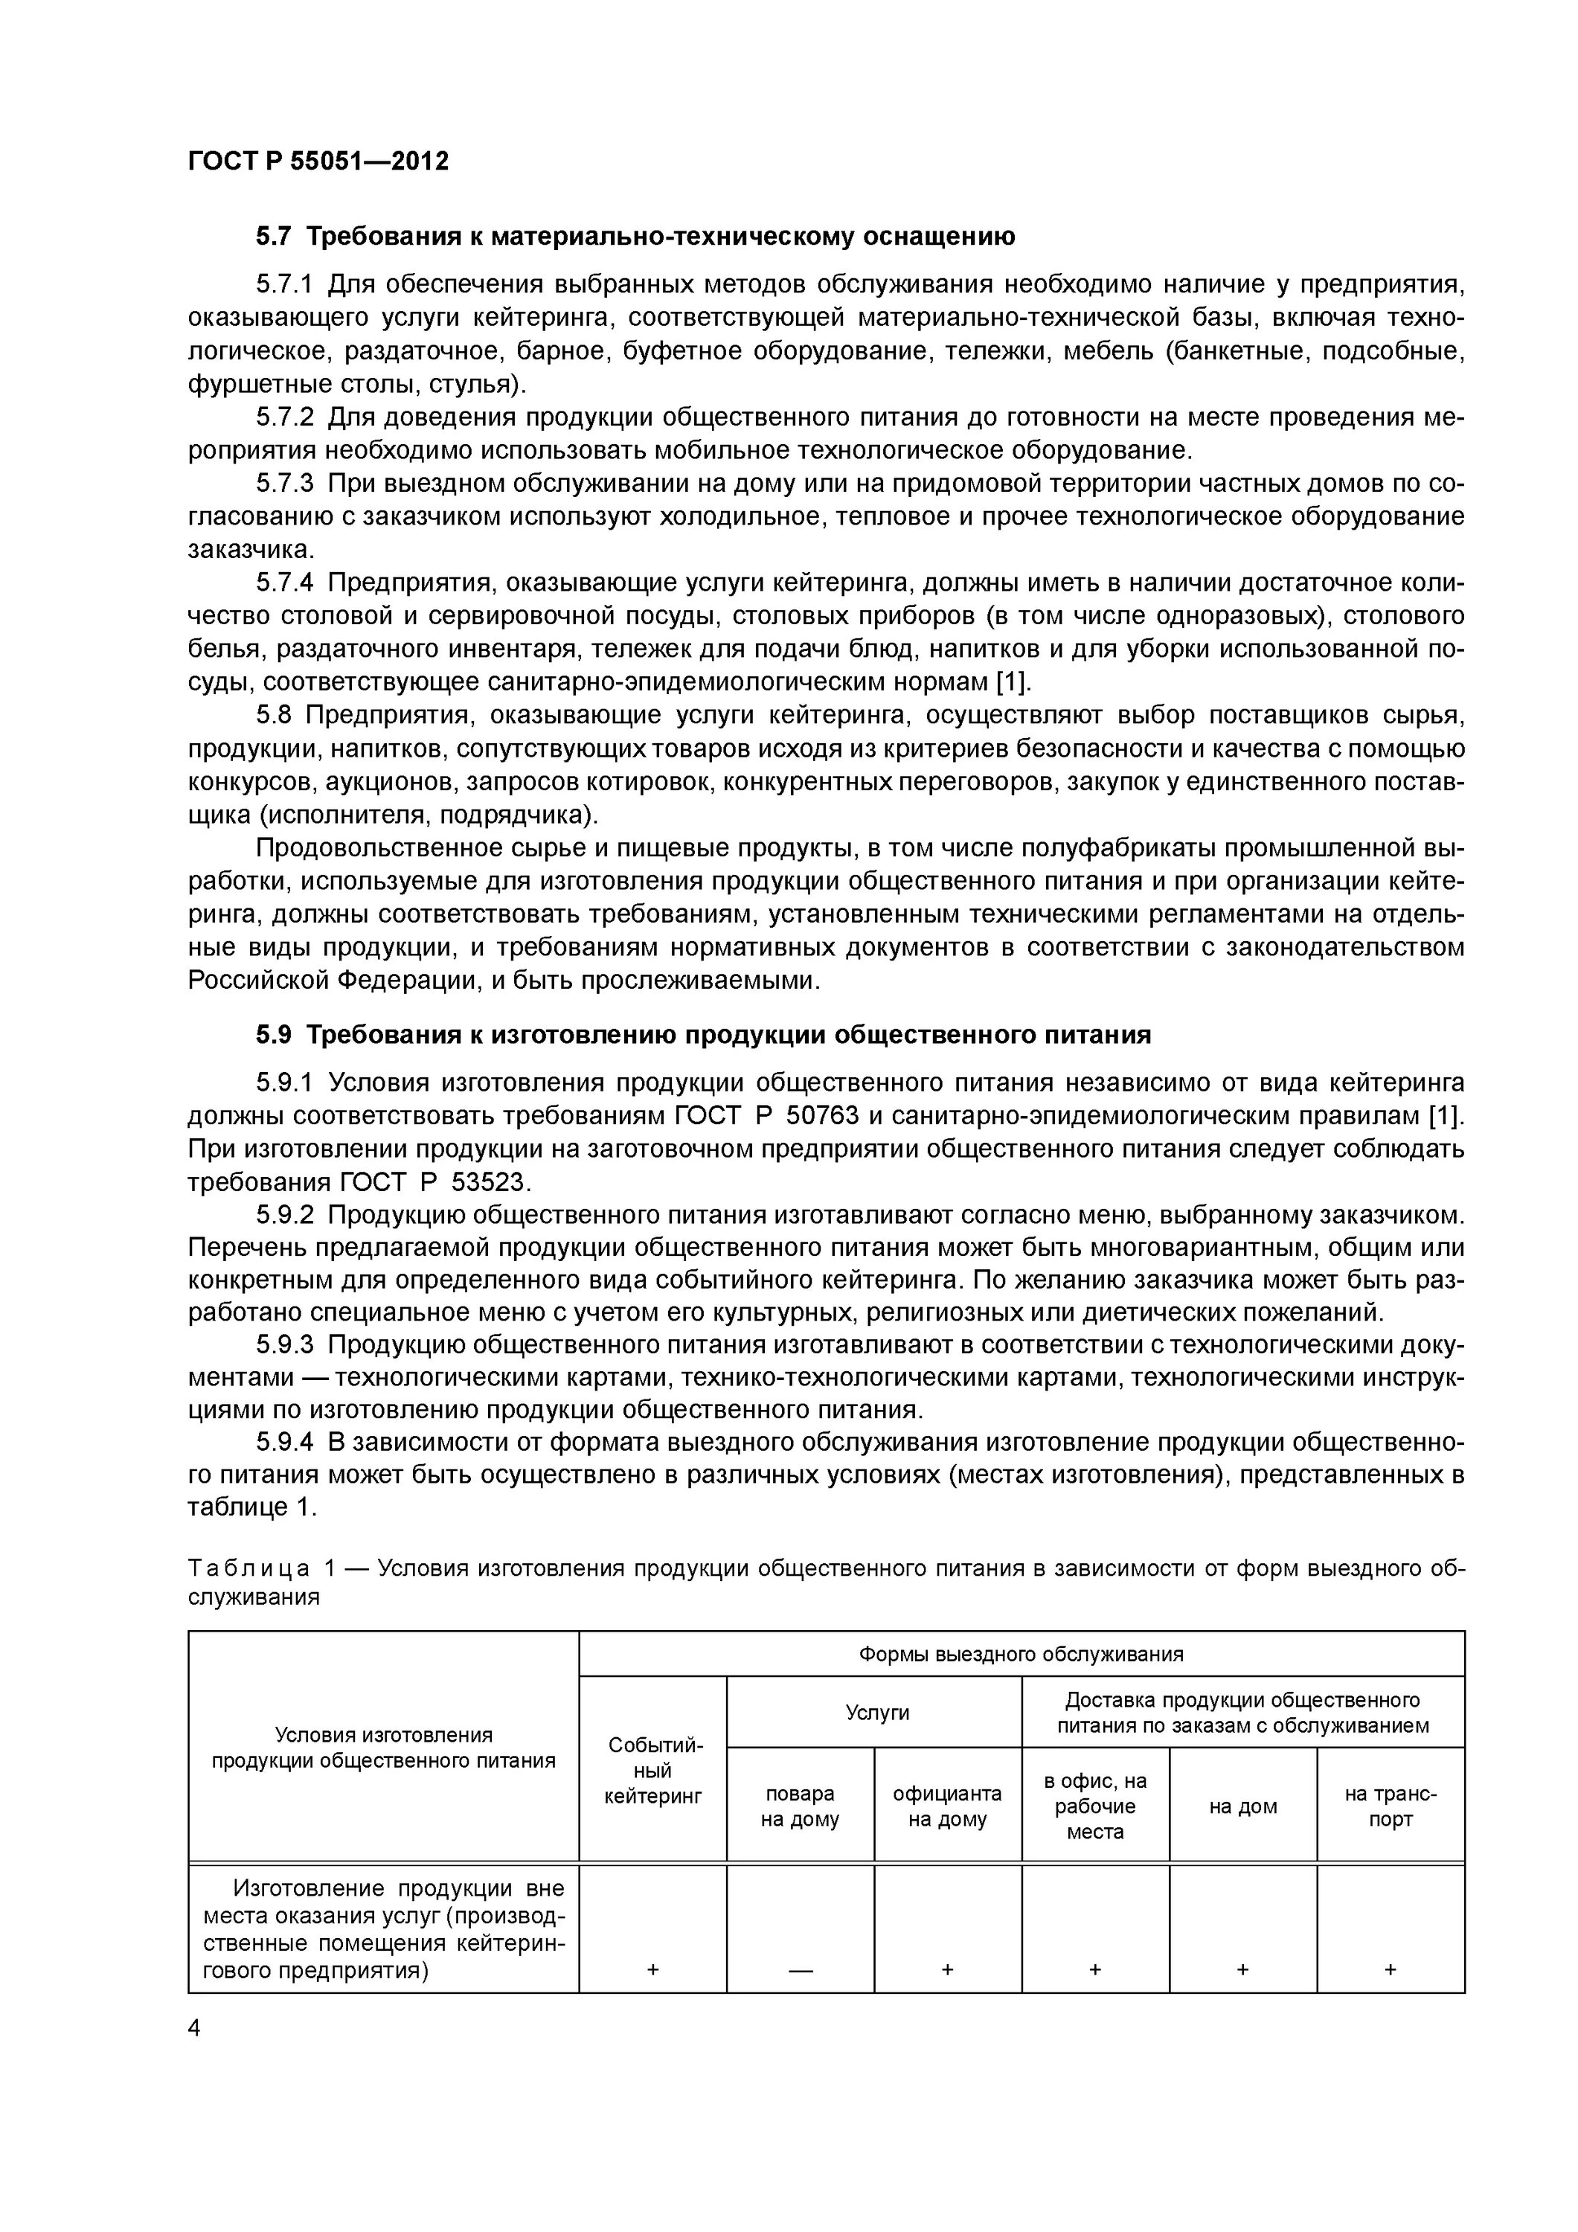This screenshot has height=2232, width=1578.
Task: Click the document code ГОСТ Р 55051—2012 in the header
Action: [x=318, y=161]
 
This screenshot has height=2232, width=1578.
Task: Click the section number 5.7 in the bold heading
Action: [x=273, y=237]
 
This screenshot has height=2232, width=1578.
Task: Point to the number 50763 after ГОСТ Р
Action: [x=815, y=1115]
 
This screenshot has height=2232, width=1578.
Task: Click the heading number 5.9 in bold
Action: [x=273, y=1036]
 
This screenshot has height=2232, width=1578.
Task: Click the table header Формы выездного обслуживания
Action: [x=1021, y=1654]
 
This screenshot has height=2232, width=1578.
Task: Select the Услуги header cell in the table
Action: [x=873, y=1712]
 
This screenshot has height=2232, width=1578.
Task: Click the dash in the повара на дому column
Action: [x=801, y=1969]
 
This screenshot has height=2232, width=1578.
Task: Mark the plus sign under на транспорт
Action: [x=1391, y=1969]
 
